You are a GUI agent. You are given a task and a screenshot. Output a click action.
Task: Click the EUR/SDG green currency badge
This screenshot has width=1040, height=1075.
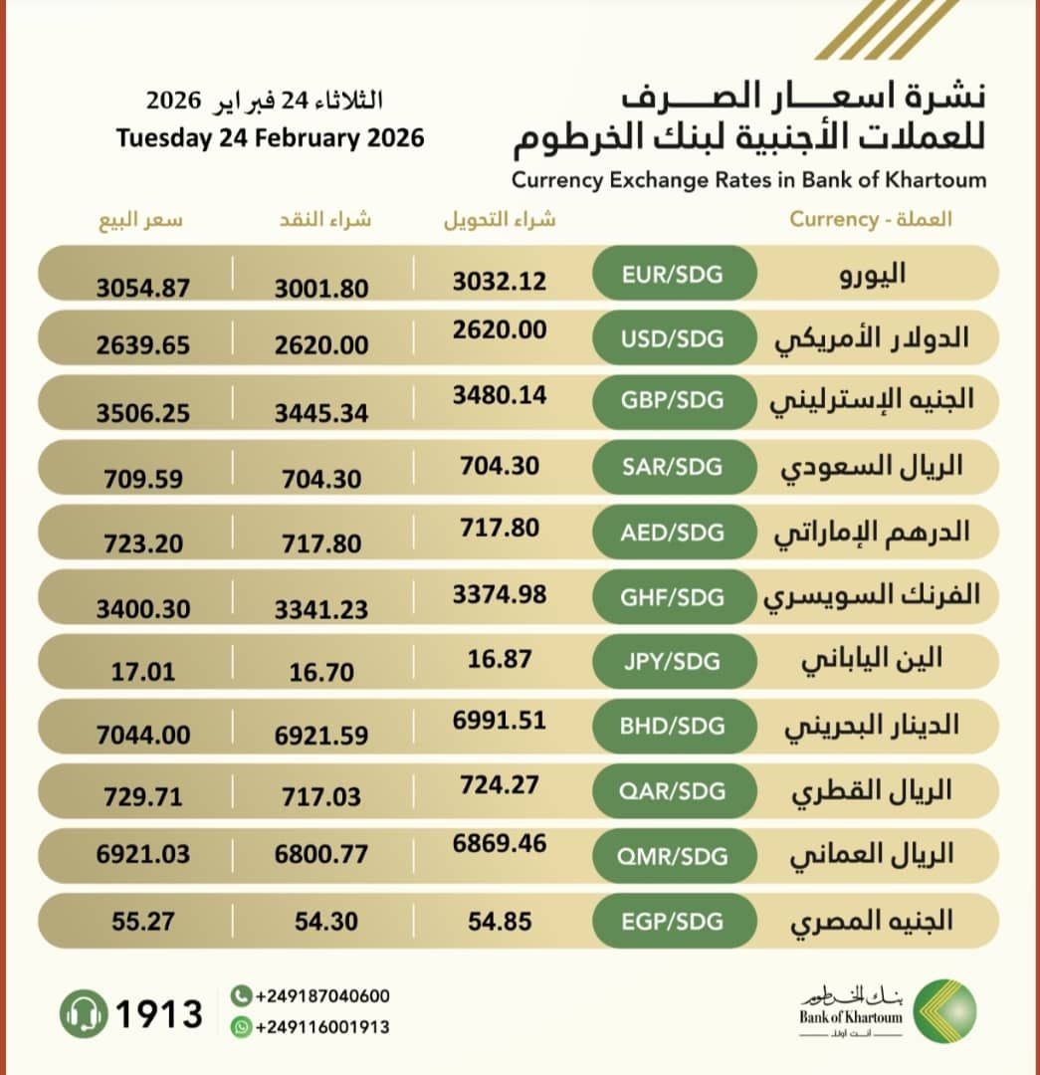674,273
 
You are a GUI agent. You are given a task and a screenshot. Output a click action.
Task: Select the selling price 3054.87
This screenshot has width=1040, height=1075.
142,288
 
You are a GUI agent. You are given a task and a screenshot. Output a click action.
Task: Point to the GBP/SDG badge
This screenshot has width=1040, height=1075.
674,402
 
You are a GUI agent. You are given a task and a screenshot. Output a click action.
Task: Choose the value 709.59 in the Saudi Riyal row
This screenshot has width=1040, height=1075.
142,479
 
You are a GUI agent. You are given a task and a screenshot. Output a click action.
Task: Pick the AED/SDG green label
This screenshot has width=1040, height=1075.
674,532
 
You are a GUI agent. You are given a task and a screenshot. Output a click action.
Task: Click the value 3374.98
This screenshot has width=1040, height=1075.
499,594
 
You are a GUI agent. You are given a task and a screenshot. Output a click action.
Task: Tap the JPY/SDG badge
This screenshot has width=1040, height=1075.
674,661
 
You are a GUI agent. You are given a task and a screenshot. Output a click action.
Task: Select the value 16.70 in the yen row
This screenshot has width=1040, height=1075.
321,673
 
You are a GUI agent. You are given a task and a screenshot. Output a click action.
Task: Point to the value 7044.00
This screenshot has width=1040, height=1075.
142,736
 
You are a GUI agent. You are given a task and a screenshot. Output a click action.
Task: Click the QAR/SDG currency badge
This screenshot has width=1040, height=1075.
674,790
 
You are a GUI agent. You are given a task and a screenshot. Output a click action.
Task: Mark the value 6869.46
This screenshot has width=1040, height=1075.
499,843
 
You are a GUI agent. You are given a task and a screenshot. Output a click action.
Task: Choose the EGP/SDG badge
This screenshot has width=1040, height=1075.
674,921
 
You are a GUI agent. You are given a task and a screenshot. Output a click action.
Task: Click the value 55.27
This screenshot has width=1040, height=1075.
142,922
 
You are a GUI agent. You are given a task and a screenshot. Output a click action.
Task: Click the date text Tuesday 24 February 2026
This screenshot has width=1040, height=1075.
270,137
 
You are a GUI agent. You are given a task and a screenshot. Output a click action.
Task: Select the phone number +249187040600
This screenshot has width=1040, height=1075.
321,996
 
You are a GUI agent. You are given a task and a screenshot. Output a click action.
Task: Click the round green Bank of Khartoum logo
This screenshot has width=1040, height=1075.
944,1011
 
